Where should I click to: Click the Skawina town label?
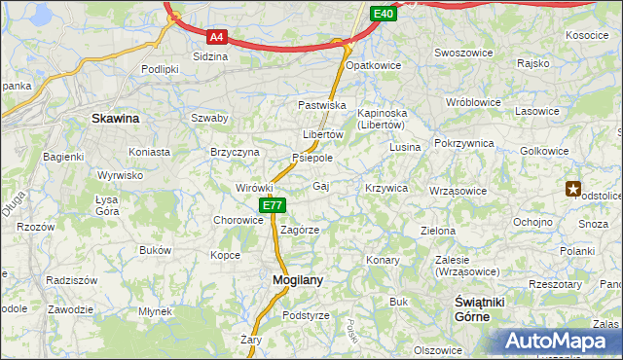click(115, 118)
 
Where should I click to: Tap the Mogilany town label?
click(296, 279)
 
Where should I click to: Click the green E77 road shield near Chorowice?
click(273, 205)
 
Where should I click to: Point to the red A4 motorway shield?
click(217, 38)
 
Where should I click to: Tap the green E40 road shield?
click(383, 14)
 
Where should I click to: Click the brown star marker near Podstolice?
click(574, 189)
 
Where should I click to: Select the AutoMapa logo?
click(559, 342)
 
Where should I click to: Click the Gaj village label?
click(321, 185)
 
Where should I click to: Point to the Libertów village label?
click(323, 134)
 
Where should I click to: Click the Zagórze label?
click(300, 230)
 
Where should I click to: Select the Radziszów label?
click(71, 279)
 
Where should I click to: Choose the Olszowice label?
click(438, 349)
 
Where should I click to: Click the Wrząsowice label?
click(458, 191)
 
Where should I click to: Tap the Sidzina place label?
click(210, 56)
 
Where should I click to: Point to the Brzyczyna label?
click(235, 152)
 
